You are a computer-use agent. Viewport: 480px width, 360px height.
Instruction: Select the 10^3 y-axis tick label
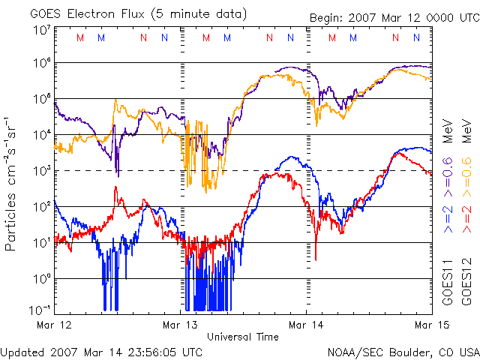(x=41, y=171)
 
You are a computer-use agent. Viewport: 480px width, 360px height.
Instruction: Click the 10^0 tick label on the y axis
(x=41, y=278)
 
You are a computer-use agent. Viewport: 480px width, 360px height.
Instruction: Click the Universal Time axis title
(x=243, y=337)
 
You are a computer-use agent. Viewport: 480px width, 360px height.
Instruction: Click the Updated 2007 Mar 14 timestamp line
(x=101, y=352)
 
